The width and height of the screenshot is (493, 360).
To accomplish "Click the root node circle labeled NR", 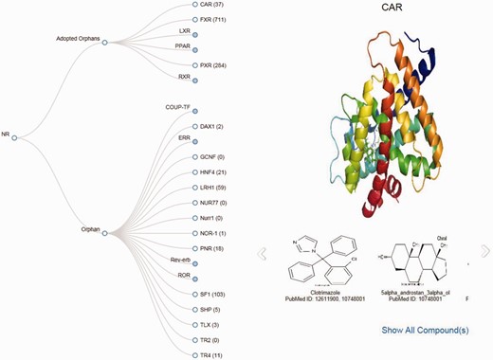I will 14,138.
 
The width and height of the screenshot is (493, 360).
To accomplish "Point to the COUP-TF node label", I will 177,108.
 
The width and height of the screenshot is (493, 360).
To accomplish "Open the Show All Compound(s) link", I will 425,330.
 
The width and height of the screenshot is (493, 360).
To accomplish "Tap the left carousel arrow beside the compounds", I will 264,252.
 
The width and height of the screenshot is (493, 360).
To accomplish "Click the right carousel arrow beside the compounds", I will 485,251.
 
